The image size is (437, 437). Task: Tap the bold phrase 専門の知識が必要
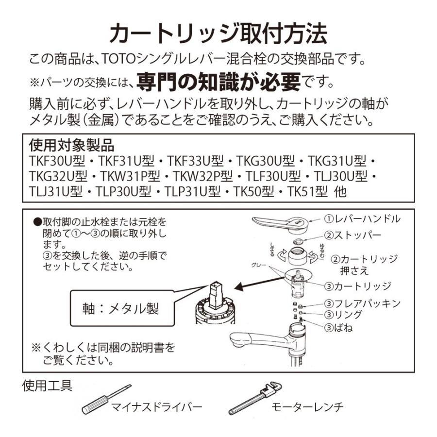(x=218, y=81)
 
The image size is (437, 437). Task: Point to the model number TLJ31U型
(x=54, y=191)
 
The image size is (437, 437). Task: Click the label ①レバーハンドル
(x=363, y=218)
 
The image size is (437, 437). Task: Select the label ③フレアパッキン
(x=363, y=303)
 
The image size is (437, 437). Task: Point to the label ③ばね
(x=338, y=328)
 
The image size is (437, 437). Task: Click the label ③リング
(x=343, y=315)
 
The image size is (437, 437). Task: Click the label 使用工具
(x=48, y=386)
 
